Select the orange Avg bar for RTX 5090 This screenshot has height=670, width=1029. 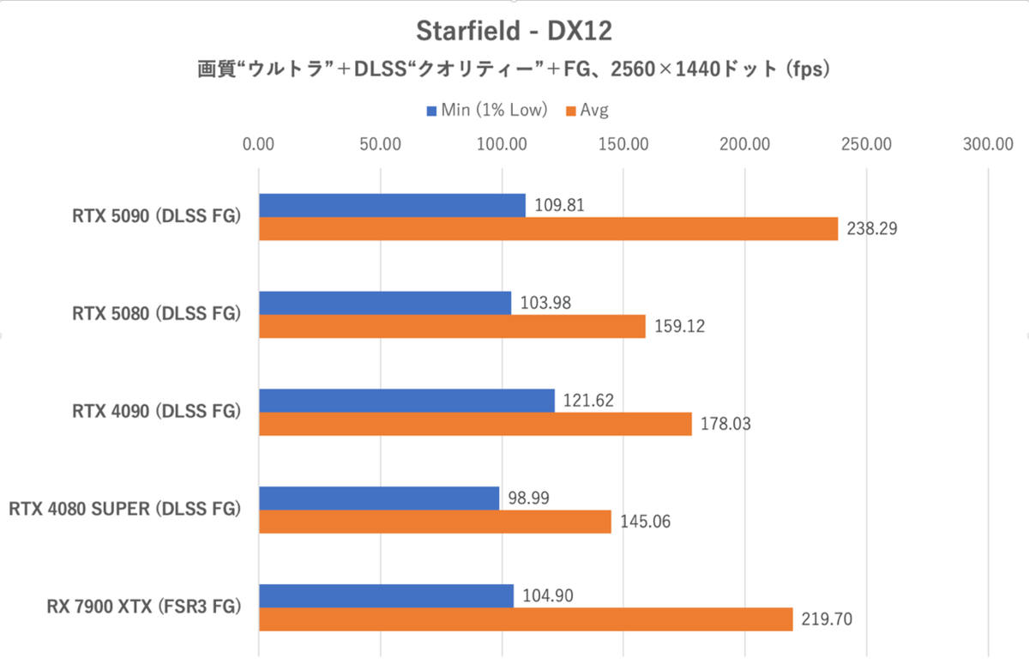pos(548,229)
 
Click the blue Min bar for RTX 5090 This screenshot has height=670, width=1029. pos(392,205)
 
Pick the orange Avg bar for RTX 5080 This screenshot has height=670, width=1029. pos(452,327)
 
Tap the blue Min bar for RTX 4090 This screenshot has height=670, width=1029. pos(406,401)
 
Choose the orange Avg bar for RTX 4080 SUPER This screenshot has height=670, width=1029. pos(435,522)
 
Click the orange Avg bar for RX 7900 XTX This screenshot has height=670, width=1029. pos(526,619)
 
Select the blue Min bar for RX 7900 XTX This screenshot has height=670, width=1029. pos(386,595)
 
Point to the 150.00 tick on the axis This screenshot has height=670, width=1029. pos(623,144)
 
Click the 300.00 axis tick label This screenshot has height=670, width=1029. pos(989,144)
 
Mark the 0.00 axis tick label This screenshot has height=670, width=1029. pos(258,144)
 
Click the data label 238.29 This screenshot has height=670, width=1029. pos(871,230)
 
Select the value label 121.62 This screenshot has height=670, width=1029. pos(588,400)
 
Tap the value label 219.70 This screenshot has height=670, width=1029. pos(826,619)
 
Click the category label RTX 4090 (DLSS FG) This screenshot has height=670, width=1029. pos(156,412)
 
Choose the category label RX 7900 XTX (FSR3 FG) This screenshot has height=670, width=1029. pos(143,607)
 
